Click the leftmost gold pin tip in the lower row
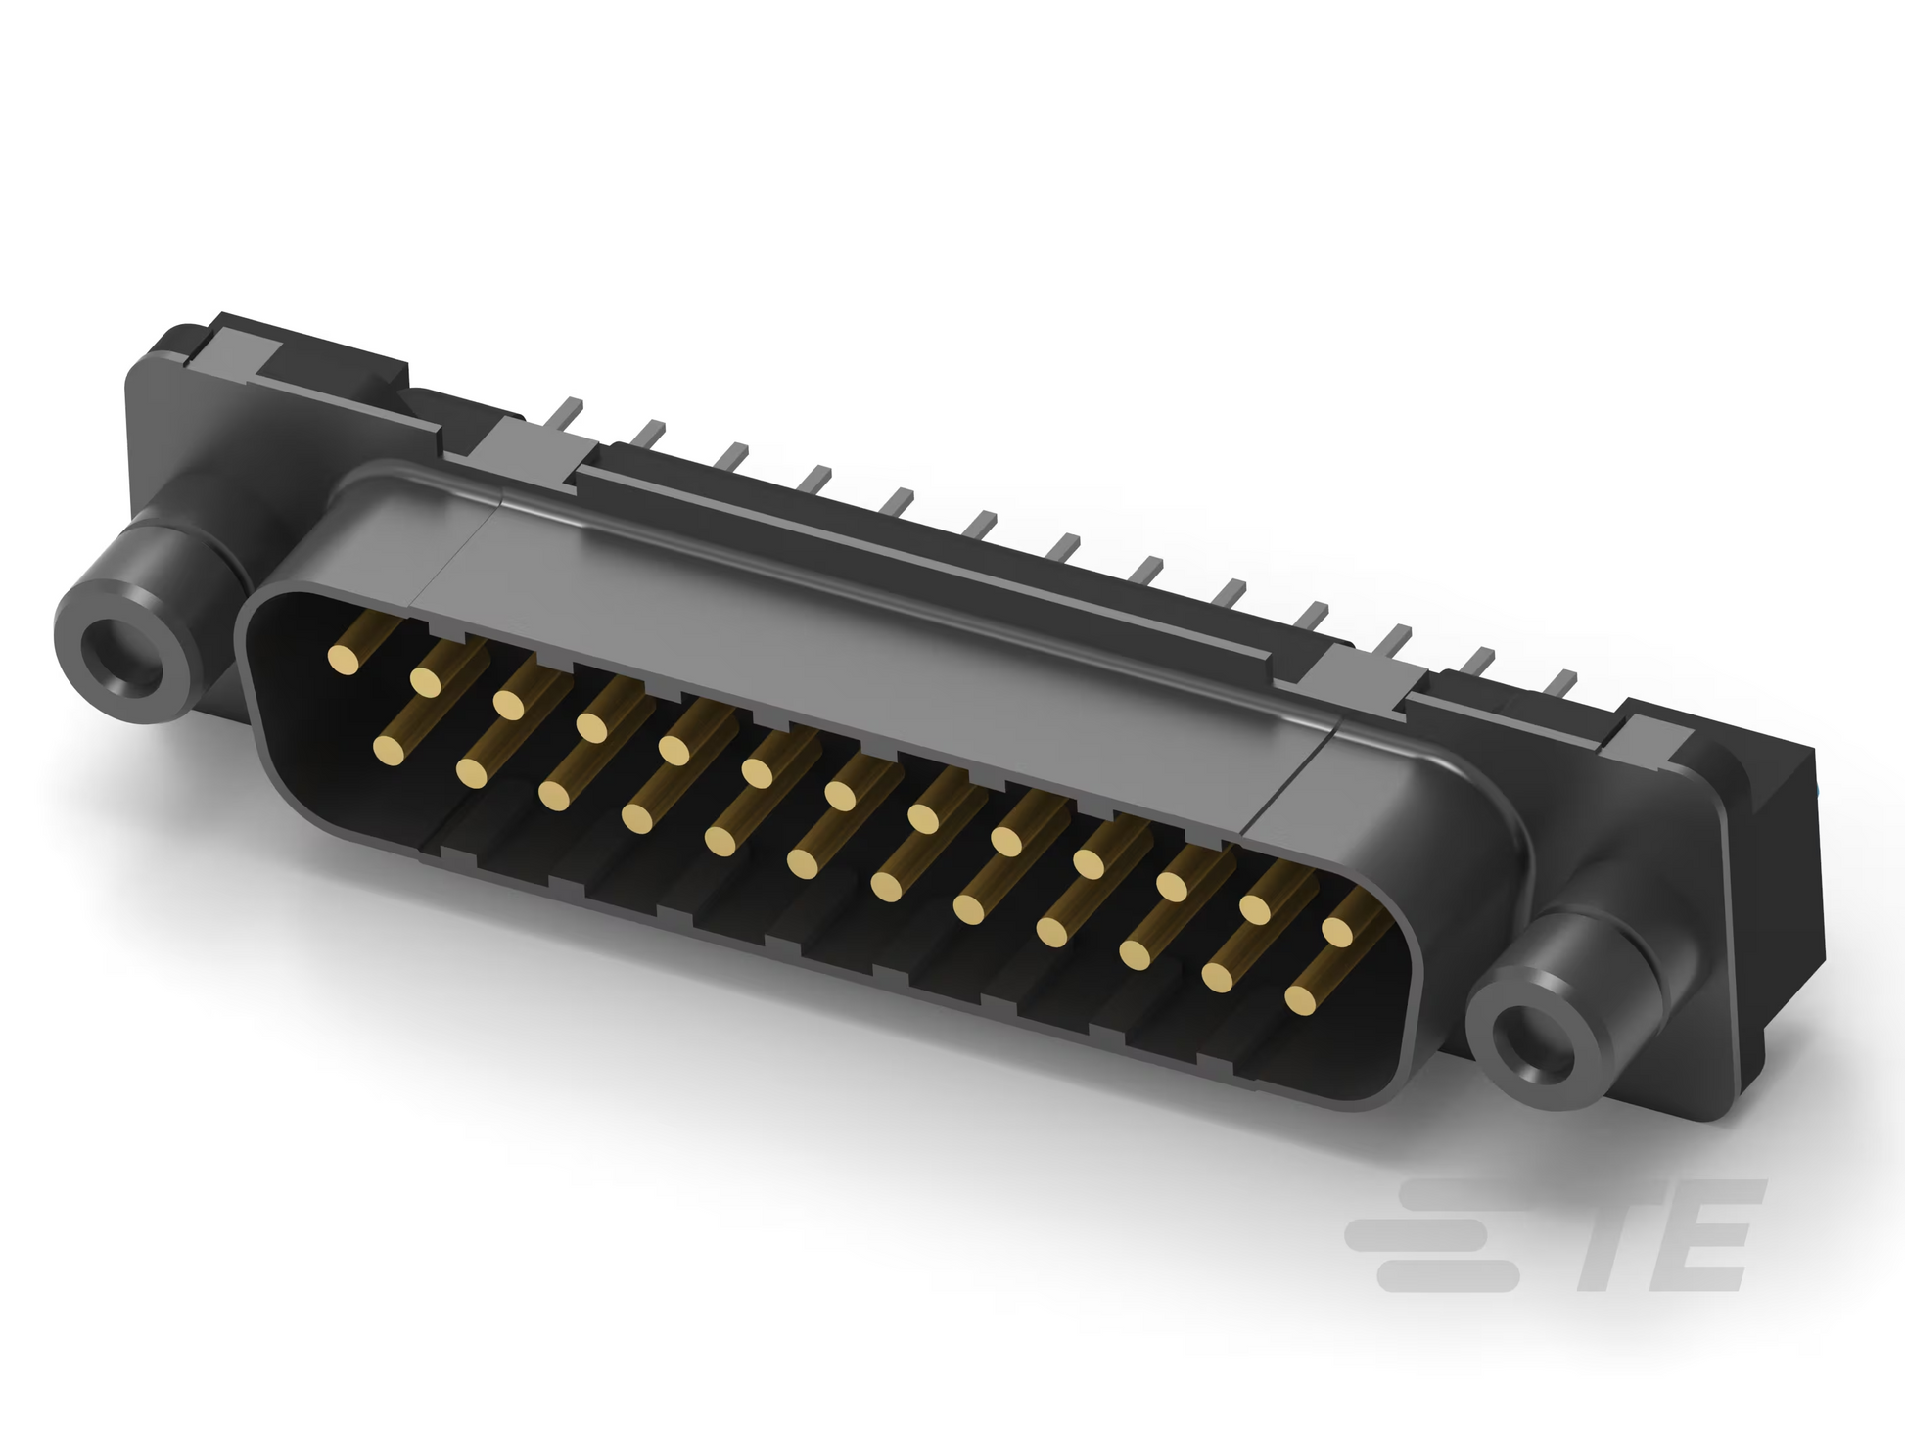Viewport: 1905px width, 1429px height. (390, 749)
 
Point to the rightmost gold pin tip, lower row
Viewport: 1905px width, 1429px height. (1301, 998)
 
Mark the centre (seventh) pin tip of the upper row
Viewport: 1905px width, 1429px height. (841, 794)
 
